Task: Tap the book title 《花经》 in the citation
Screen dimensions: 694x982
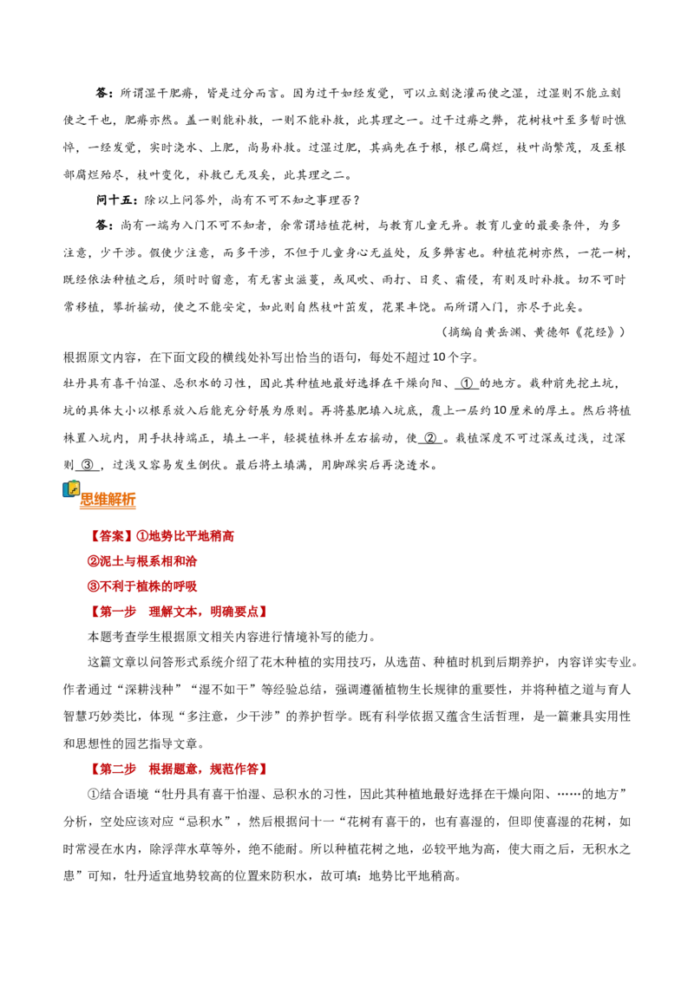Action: tap(599, 332)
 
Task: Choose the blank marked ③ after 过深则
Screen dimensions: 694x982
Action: tap(88, 465)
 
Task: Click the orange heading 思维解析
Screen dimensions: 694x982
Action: tap(108, 499)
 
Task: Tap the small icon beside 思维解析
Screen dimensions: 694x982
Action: tap(71, 489)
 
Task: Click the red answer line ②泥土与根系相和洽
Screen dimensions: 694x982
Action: tap(142, 561)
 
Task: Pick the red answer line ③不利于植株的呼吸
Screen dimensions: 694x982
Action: tap(142, 586)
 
